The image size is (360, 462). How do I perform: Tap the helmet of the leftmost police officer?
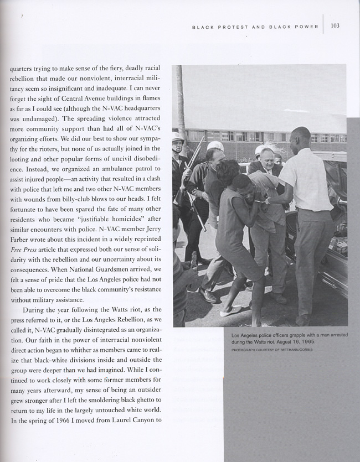(178, 137)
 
